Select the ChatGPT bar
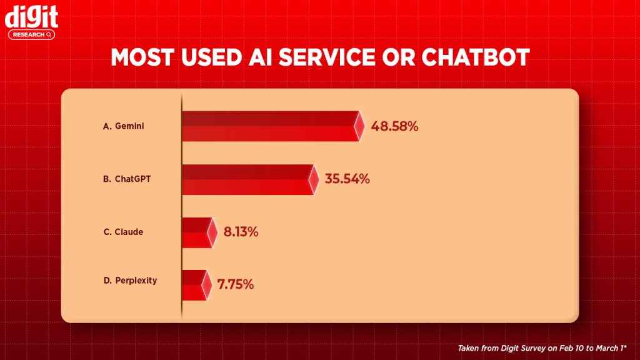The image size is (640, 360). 247,179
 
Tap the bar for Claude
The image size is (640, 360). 196,232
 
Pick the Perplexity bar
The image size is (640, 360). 193,284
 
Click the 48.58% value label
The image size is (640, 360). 394,126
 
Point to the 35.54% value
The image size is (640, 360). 347,179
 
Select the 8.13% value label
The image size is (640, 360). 241,232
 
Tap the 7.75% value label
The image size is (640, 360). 236,284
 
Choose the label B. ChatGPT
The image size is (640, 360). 127,179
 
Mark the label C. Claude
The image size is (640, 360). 123,232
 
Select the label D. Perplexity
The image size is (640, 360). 130,281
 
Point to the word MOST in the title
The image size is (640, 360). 144,57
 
